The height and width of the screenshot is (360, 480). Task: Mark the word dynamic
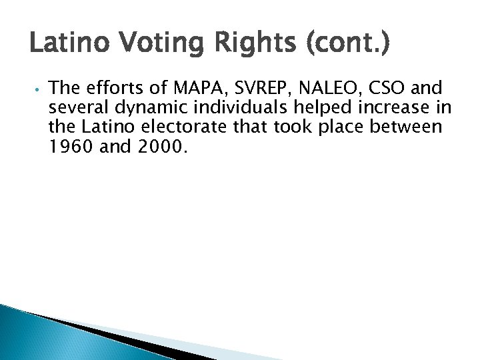(146, 107)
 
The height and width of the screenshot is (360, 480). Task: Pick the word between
(408, 127)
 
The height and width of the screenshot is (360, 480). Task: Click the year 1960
(71, 146)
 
